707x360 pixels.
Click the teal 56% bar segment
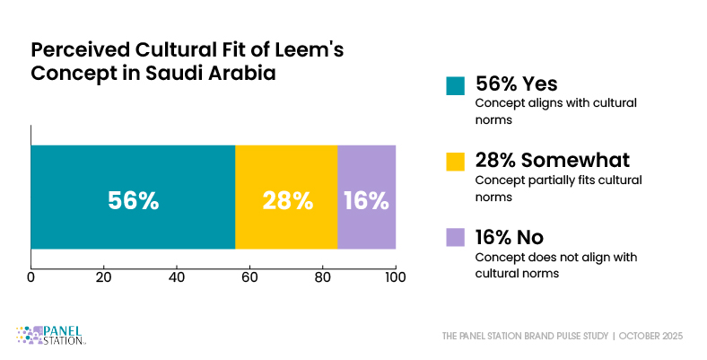[133, 197]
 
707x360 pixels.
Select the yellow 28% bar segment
[286, 197]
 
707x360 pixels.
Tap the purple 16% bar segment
[366, 197]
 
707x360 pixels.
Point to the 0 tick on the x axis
[31, 277]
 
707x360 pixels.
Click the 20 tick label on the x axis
[104, 277]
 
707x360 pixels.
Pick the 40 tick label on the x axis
[177, 277]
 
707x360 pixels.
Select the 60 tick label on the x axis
[249, 277]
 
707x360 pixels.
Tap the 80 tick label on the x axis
[322, 277]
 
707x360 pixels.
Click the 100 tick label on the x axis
[395, 277]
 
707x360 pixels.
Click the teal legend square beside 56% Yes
[455, 85]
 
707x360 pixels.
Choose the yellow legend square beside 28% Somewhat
[455, 162]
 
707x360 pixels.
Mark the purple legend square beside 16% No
[455, 238]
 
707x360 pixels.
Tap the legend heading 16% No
[511, 237]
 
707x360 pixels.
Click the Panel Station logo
[51, 335]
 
